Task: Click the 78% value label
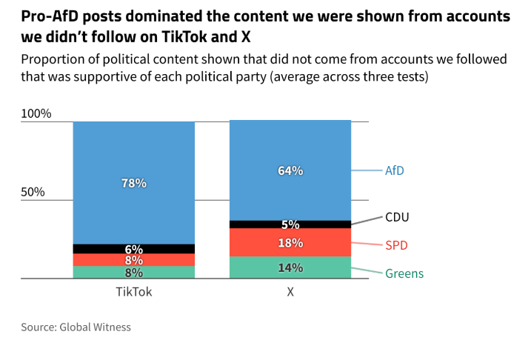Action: [x=134, y=183]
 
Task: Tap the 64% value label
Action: [x=290, y=170]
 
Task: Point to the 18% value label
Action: [x=290, y=243]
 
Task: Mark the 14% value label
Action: [x=290, y=267]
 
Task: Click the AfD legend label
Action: [x=395, y=170]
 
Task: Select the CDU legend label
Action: [x=397, y=217]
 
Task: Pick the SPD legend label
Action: [x=396, y=245]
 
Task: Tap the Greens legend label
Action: [x=404, y=273]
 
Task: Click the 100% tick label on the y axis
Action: [x=36, y=114]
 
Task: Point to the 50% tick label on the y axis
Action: [x=33, y=192]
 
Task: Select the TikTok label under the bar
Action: [x=134, y=292]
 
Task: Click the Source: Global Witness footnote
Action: [x=76, y=327]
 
